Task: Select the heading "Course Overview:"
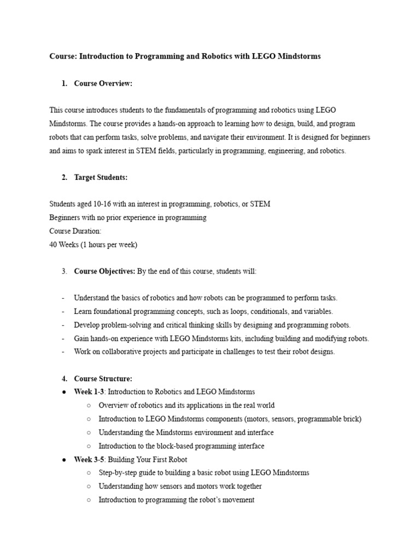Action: [103, 84]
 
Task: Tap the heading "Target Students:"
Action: [101, 178]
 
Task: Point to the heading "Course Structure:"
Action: [103, 378]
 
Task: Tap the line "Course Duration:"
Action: [75, 231]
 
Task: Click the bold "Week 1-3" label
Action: [89, 392]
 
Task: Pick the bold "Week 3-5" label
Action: [89, 459]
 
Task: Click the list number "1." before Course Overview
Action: [65, 84]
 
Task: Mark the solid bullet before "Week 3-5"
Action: [65, 460]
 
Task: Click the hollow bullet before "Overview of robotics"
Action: [89, 406]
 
